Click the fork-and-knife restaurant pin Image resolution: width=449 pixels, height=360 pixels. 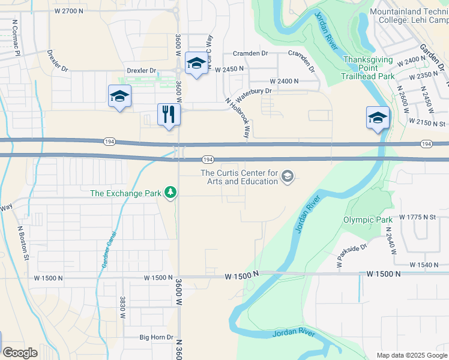click(169, 114)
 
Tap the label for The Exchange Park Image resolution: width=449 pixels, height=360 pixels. click(126, 193)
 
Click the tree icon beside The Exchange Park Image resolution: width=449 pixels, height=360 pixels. click(172, 193)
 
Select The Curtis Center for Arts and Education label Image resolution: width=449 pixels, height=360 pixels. click(239, 177)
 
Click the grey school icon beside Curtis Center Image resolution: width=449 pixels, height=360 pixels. click(288, 176)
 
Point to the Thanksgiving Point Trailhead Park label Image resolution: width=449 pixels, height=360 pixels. click(368, 68)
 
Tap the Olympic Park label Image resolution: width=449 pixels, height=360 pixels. click(368, 220)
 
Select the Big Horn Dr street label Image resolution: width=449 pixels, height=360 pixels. click(156, 338)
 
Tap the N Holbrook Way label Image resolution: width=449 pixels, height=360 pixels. click(238, 119)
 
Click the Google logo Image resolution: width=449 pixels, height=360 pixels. click(20, 353)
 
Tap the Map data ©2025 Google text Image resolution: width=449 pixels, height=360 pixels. click(412, 355)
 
